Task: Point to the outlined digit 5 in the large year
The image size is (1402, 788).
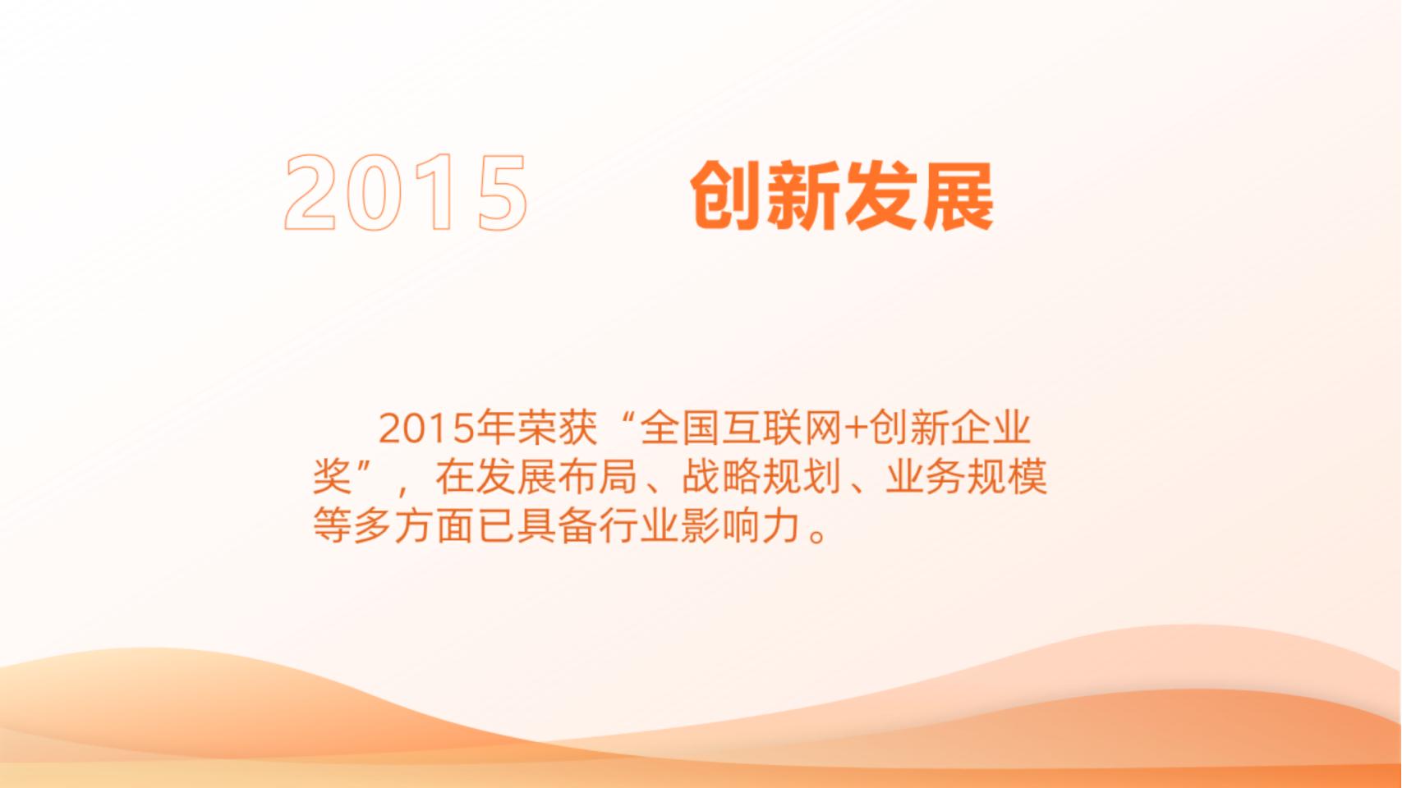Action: click(501, 192)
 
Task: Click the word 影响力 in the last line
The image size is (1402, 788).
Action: click(738, 525)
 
